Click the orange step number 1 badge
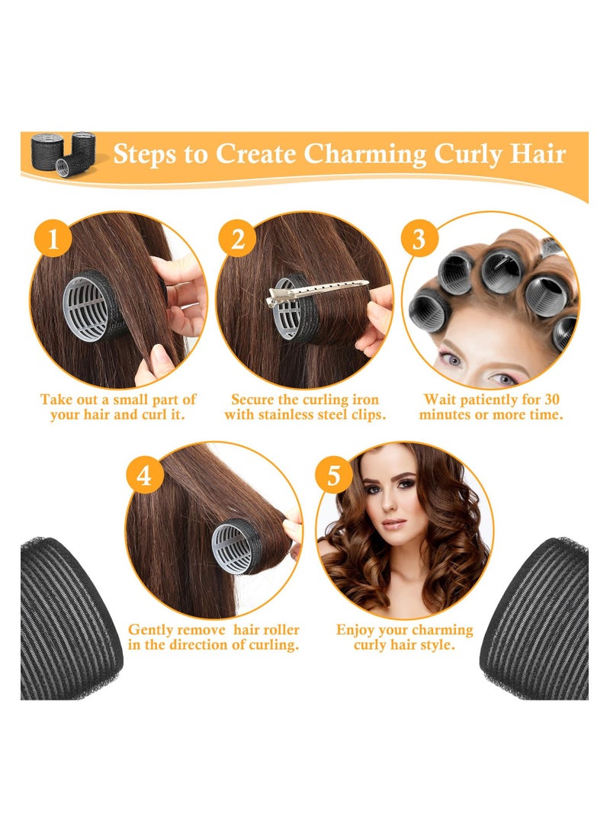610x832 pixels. (x=53, y=238)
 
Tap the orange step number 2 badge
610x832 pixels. (x=237, y=238)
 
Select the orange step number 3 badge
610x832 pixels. (x=419, y=238)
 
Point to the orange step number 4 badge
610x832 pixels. (x=144, y=475)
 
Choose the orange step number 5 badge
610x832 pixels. (x=333, y=475)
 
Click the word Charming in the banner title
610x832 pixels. (x=365, y=154)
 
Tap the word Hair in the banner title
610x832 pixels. (x=538, y=153)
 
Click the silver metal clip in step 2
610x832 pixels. (x=316, y=291)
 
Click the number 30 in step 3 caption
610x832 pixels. (x=551, y=400)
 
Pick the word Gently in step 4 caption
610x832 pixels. (x=150, y=631)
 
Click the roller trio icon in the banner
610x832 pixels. (x=63, y=153)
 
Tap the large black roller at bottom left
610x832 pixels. (x=69, y=618)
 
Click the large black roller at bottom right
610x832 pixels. (x=537, y=618)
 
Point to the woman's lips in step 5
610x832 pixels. (x=393, y=524)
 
